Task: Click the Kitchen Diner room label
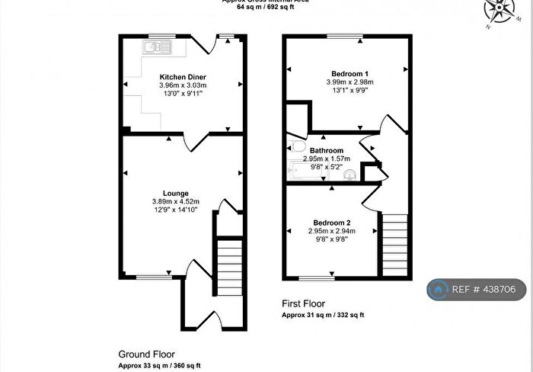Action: [183, 77]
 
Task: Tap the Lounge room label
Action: [175, 193]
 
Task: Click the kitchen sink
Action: [158, 48]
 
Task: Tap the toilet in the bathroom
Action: [298, 146]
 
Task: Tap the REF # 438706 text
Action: [487, 290]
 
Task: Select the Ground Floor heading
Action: [146, 354]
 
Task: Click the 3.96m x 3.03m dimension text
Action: [183, 85]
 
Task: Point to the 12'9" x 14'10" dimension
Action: [175, 210]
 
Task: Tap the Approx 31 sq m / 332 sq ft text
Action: [323, 314]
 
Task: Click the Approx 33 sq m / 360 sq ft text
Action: [159, 366]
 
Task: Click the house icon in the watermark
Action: [438, 290]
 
